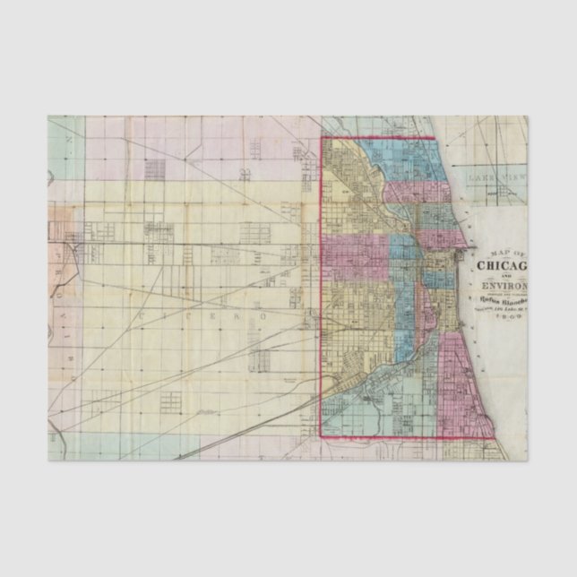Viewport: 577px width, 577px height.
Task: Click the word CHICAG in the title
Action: pyautogui.click(x=502, y=265)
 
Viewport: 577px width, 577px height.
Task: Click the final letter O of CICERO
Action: pyautogui.click(x=263, y=317)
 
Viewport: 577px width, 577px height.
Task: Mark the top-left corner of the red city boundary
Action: pyautogui.click(x=322, y=138)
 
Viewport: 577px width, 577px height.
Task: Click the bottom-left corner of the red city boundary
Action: pyautogui.click(x=322, y=436)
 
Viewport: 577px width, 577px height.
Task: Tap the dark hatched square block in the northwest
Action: pyautogui.click(x=155, y=168)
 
